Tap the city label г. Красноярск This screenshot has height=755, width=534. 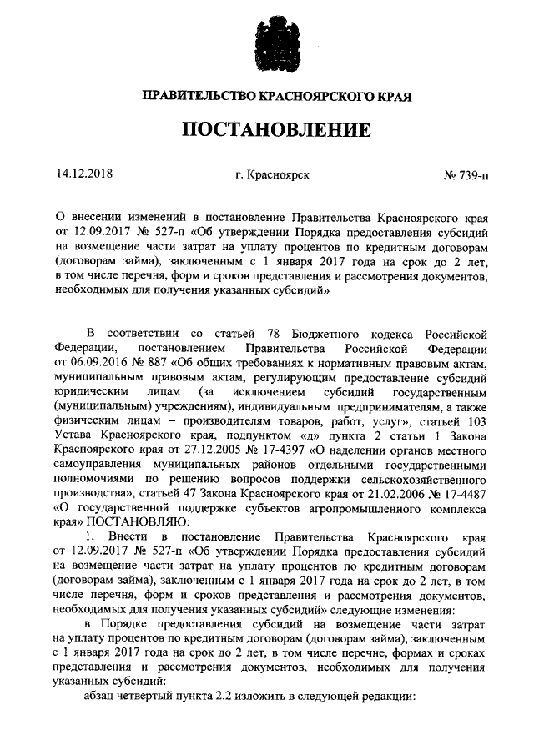273,175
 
